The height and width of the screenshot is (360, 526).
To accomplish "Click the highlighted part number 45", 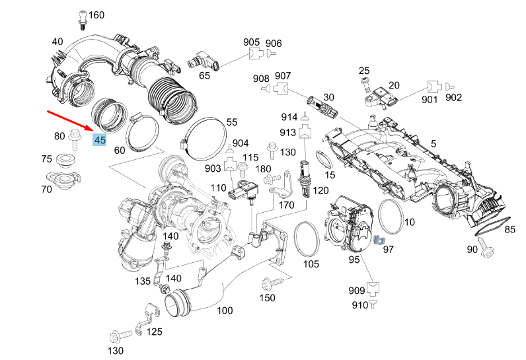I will click(x=100, y=140).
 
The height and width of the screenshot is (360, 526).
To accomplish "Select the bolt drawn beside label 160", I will click(x=81, y=19).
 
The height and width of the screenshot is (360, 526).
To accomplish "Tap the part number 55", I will click(x=231, y=122).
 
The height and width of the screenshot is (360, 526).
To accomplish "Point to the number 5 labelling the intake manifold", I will click(x=433, y=143).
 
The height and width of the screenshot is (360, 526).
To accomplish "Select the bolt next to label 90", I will click(x=490, y=250).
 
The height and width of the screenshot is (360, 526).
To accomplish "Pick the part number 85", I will click(x=509, y=230).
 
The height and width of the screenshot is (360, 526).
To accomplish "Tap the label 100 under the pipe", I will click(x=225, y=310).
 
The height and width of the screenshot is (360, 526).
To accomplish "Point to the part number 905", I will click(x=252, y=43).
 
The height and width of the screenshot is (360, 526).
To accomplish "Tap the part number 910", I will click(x=359, y=305).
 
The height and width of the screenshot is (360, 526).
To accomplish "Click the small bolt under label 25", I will click(x=364, y=84).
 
